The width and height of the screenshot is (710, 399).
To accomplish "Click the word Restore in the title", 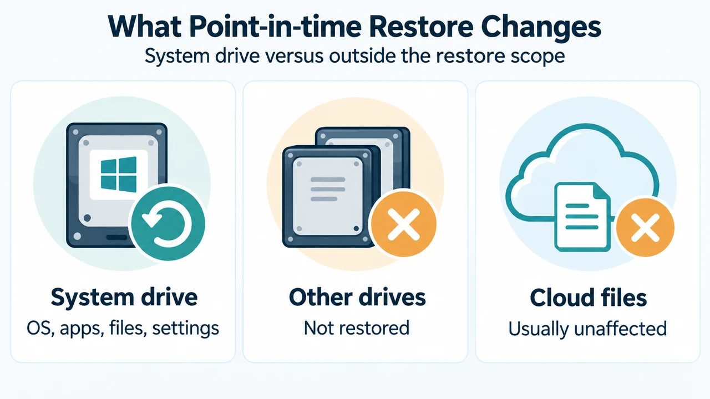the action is tap(421, 27).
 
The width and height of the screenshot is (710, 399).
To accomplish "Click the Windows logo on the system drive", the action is tap(119, 175).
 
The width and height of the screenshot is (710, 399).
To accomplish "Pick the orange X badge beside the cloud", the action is tap(645, 227).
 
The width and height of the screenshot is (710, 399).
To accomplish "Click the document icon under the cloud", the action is tap(582, 217).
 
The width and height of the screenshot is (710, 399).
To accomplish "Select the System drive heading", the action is tap(124, 298).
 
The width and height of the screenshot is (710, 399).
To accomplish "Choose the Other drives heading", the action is tap(357, 298).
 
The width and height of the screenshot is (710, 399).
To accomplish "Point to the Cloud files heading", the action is tap(589, 298).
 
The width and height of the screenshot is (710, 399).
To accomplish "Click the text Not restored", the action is tap(357, 328).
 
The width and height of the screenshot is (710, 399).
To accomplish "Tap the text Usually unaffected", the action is tap(587, 329).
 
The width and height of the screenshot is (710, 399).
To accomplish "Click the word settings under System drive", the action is tap(185, 329).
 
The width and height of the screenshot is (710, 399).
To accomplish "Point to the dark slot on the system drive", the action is tap(116, 238).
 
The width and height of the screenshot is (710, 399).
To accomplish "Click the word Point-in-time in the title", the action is tap(276, 27).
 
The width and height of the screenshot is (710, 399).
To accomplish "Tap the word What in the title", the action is tap(145, 27).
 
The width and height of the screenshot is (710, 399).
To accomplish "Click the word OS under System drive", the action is tap(39, 329).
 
